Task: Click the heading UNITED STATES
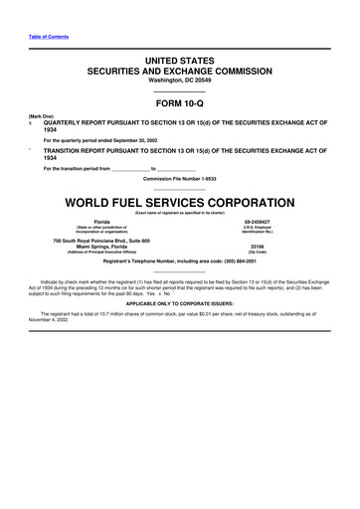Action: [180, 62]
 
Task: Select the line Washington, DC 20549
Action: [180, 81]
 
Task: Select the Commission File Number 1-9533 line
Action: [180, 179]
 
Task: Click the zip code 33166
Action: [258, 246]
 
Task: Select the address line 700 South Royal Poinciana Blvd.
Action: [101, 240]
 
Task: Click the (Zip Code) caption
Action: [258, 252]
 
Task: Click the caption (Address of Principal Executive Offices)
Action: [101, 252]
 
